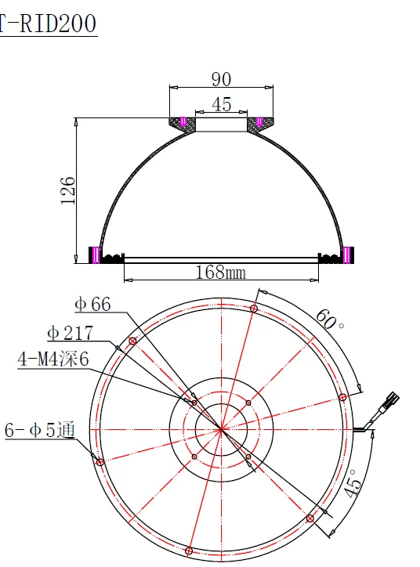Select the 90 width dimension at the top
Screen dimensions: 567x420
click(222, 79)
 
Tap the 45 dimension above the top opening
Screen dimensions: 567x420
click(222, 104)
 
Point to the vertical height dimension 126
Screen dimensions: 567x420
click(68, 190)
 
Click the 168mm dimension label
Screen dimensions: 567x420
click(221, 272)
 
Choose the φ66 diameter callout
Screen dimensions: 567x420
click(92, 304)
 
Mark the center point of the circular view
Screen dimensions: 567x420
click(221, 428)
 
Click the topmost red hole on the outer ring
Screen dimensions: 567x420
click(254, 309)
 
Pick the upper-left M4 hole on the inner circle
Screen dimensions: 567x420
click(194, 403)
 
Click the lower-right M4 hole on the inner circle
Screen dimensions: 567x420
click(248, 455)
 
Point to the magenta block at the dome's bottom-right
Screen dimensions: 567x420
click(347, 255)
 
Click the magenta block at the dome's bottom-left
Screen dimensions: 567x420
click(96, 255)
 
